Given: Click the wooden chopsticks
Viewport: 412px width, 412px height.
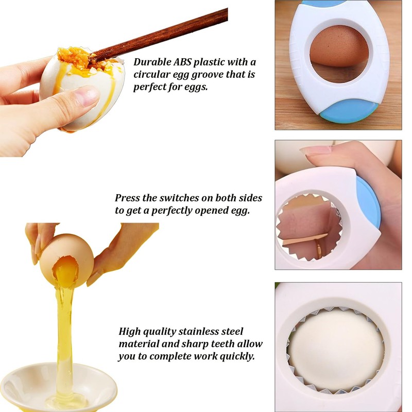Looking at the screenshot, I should pos(170,31).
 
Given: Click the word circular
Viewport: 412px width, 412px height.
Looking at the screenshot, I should pos(154,75).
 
